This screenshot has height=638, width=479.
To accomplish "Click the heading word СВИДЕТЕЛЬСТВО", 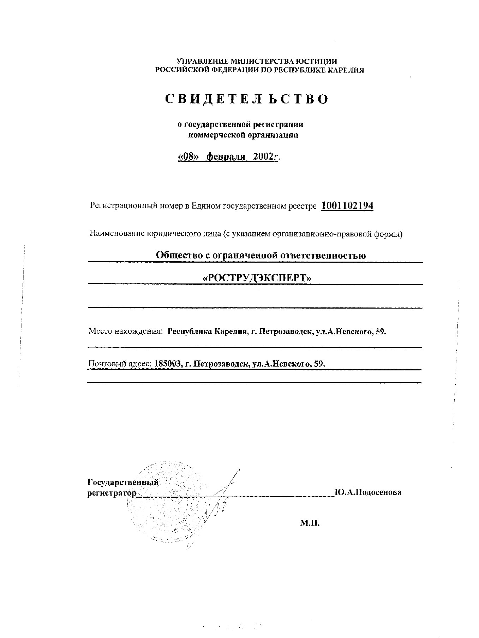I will pyautogui.click(x=247, y=99).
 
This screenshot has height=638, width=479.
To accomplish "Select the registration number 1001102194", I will pyautogui.click(x=347, y=206).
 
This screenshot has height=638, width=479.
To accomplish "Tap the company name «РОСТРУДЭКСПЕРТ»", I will pyautogui.click(x=257, y=278).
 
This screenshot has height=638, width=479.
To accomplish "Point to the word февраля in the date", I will pyautogui.click(x=226, y=157).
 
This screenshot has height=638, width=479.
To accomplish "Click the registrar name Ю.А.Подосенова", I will pyautogui.click(x=368, y=492).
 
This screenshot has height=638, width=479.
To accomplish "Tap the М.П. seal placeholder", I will pyautogui.click(x=310, y=523).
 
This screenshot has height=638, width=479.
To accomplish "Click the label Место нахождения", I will pyautogui.click(x=125, y=332).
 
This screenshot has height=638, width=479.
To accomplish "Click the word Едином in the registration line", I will pyautogui.click(x=206, y=206).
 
